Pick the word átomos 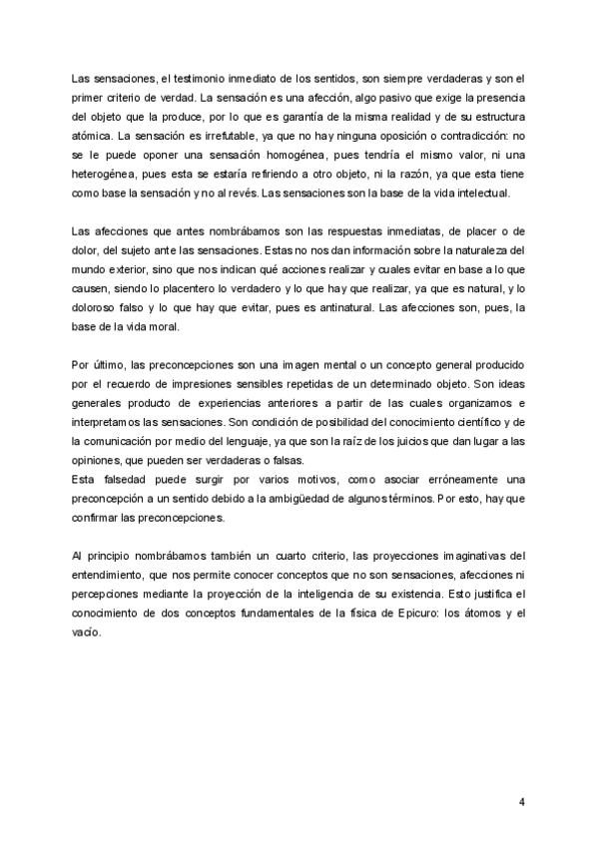pyautogui.click(x=459, y=613)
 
